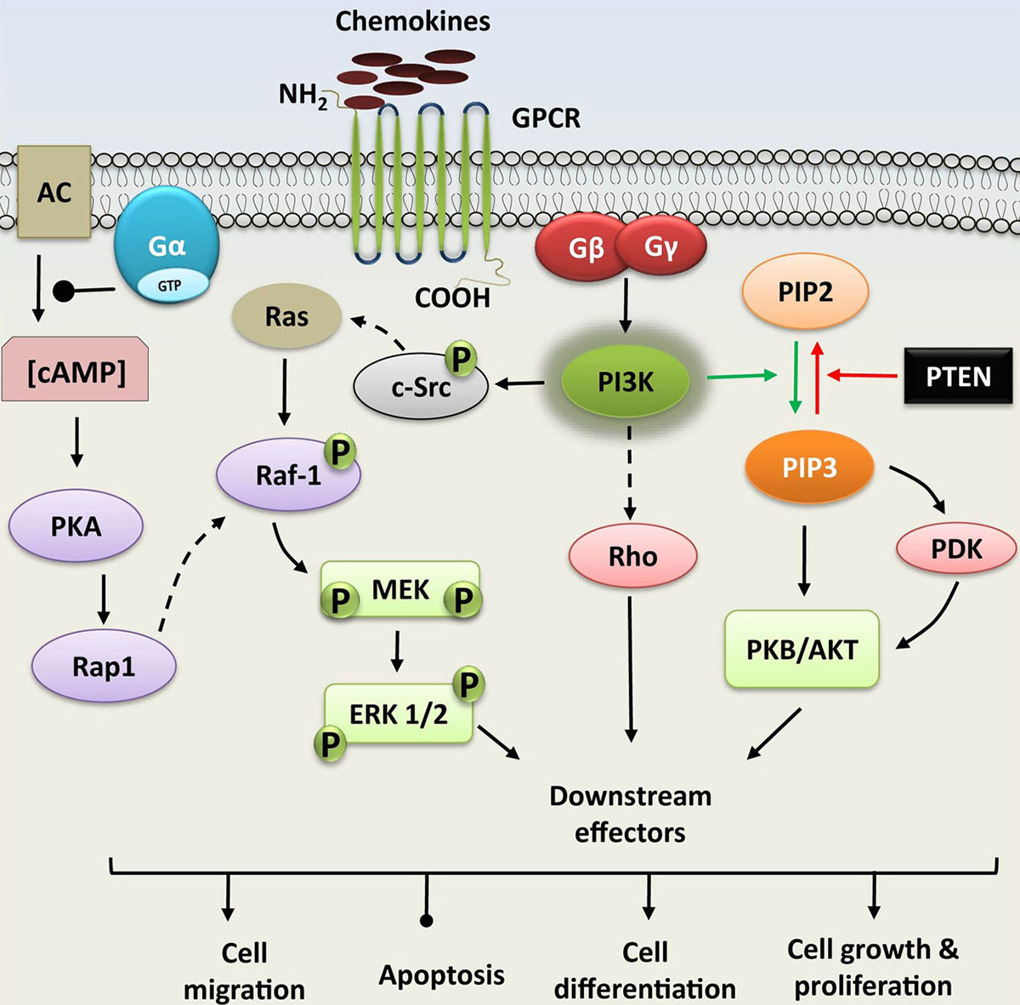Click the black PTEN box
958,376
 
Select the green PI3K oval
626,383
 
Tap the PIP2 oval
805,292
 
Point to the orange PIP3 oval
809,467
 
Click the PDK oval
956,549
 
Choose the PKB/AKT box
802,649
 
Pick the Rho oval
632,556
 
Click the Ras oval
286,317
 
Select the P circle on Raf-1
340,451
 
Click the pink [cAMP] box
76,372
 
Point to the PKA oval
76,526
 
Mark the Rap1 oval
104,667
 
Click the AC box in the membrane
54,192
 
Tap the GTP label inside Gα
169,286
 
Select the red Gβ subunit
585,248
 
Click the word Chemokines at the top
412,21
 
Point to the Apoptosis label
441,974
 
